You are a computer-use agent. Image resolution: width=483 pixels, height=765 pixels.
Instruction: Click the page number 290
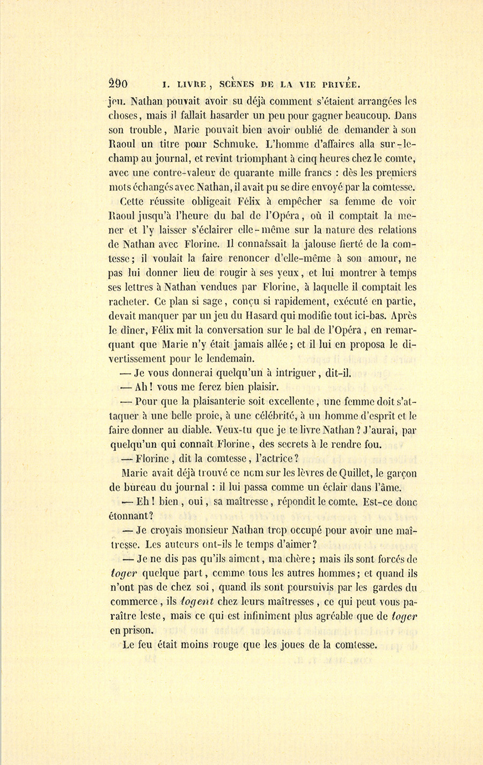tap(118, 83)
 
